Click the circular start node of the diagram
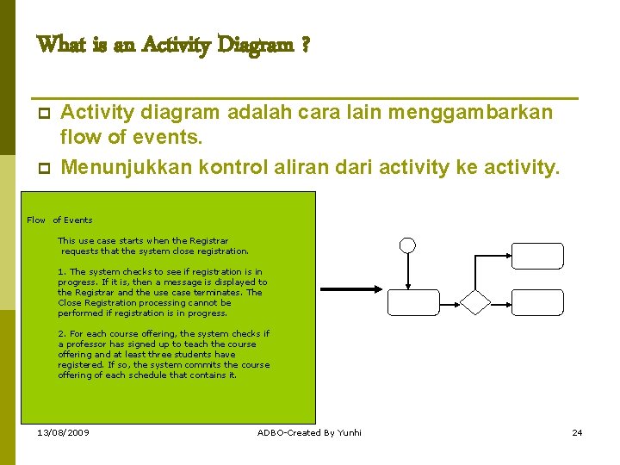(x=408, y=245)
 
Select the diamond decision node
(x=475, y=302)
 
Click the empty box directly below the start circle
(x=413, y=302)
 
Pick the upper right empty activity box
(x=537, y=256)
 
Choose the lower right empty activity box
(x=537, y=302)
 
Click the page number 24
(x=577, y=432)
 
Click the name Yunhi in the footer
(x=350, y=432)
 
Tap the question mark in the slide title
(x=306, y=44)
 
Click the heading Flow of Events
(x=59, y=220)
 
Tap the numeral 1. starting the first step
(x=61, y=271)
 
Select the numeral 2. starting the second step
(x=61, y=333)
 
